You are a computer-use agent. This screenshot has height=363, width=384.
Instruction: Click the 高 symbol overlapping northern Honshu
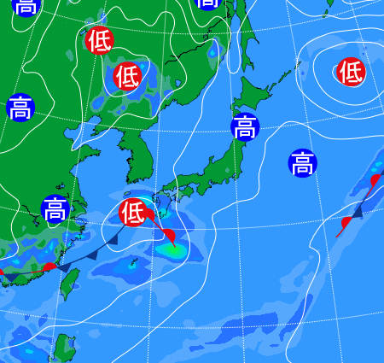coord(245,126)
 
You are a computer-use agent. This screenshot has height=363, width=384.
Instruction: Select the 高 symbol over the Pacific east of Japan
coord(301,162)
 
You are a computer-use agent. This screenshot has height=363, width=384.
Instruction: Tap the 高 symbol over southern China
coord(55,208)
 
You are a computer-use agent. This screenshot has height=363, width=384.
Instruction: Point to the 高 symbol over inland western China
coord(21,108)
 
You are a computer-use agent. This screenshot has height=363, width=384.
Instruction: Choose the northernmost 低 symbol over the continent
coord(99,39)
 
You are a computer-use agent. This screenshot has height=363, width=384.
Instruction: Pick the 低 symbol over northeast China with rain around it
coord(126,77)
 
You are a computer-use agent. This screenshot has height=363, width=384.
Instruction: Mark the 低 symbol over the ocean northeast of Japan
coord(350,72)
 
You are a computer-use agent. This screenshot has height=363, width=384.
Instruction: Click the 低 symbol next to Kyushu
coord(132,211)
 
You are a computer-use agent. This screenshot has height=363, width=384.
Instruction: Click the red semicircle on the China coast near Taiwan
coord(49,267)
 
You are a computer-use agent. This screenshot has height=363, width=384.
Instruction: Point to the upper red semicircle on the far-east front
coord(375,179)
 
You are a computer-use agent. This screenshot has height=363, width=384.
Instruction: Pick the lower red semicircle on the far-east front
coord(346,223)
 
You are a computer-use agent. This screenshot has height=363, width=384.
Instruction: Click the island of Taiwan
coord(71,282)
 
